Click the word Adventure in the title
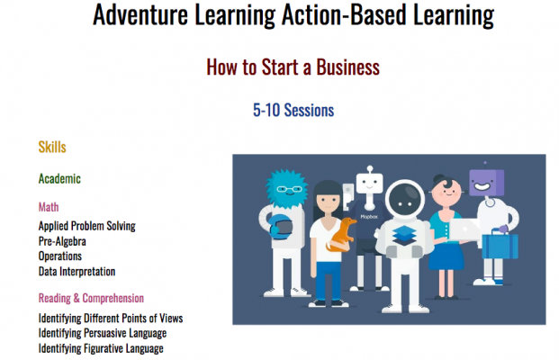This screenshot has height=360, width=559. [x=140, y=15]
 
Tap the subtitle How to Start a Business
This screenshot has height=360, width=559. [x=293, y=67]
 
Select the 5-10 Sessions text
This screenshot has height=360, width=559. [x=293, y=110]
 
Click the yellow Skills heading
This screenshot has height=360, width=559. [x=52, y=148]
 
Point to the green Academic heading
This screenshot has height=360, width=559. [x=59, y=178]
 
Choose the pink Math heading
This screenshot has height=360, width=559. [x=49, y=207]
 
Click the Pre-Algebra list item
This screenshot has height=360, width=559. [x=62, y=241]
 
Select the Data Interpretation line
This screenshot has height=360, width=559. [x=77, y=272]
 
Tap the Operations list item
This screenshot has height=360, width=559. [x=60, y=256]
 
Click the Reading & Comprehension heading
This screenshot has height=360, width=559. [x=91, y=298]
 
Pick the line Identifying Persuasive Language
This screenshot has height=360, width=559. [x=103, y=333]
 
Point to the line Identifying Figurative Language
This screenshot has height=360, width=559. [x=101, y=348]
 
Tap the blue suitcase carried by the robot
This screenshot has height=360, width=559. [x=500, y=244]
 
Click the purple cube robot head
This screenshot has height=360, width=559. [x=486, y=183]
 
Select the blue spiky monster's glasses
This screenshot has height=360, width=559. [x=289, y=189]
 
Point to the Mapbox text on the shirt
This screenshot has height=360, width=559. [x=369, y=217]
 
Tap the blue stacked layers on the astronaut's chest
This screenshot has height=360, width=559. [x=404, y=236]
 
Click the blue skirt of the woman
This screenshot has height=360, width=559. [x=446, y=255]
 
